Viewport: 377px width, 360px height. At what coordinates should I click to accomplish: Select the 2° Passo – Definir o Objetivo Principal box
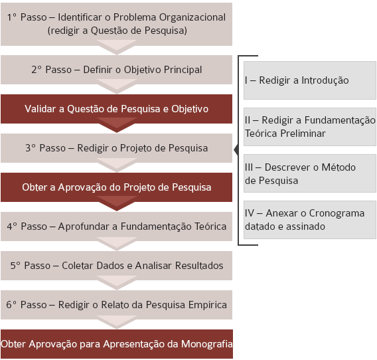pyautogui.click(x=116, y=70)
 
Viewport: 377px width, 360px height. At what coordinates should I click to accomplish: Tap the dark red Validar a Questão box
pyautogui.click(x=116, y=109)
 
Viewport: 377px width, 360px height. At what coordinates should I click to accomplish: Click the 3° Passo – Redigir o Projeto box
pyautogui.click(x=116, y=148)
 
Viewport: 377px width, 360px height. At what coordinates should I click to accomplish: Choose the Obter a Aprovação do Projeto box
pyautogui.click(x=116, y=187)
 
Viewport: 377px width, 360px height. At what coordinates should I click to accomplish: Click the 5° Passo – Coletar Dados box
pyautogui.click(x=116, y=266)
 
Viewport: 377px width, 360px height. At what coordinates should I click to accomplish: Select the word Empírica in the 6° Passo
pyautogui.click(x=208, y=305)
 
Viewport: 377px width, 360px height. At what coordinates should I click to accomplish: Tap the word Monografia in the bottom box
pyautogui.click(x=207, y=344)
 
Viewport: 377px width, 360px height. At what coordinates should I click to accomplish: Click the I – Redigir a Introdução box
pyautogui.click(x=310, y=80)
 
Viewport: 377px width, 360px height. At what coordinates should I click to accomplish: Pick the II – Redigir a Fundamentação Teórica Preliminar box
pyautogui.click(x=310, y=127)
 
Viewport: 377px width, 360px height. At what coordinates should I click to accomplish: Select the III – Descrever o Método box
pyautogui.click(x=310, y=173)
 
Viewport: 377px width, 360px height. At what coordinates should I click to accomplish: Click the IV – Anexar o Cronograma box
pyautogui.click(x=310, y=220)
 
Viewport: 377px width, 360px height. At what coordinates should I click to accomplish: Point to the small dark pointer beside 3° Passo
pyautogui.click(x=236, y=149)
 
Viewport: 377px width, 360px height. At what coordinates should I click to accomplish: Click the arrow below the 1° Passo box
pyautogui.click(x=117, y=47)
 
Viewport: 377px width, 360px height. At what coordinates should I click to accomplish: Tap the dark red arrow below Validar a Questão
pyautogui.click(x=117, y=125)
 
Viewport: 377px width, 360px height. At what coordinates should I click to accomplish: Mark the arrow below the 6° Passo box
pyautogui.click(x=117, y=322)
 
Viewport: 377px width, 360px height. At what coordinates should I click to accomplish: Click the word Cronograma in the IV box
pyautogui.click(x=337, y=213)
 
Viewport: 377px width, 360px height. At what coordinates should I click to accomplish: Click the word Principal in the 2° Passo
pyautogui.click(x=183, y=70)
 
